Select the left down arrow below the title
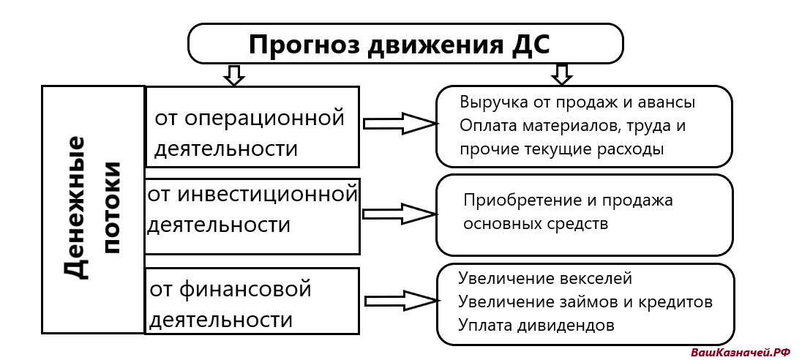tap(233, 75)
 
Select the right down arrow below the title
tap(561, 74)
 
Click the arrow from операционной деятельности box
tap(400, 124)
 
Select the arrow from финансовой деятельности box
tap(400, 301)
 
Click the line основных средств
tap(535, 223)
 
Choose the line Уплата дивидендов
tap(536, 325)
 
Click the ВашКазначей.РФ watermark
tap(741, 352)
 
